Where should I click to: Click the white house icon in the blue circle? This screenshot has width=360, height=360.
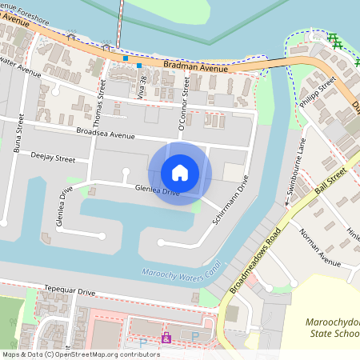(180, 173)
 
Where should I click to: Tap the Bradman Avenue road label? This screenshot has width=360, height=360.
(196, 67)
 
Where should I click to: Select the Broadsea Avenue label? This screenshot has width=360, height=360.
(106, 133)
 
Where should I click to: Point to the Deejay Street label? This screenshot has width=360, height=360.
(53, 158)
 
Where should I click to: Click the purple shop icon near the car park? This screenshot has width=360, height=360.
(166, 339)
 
